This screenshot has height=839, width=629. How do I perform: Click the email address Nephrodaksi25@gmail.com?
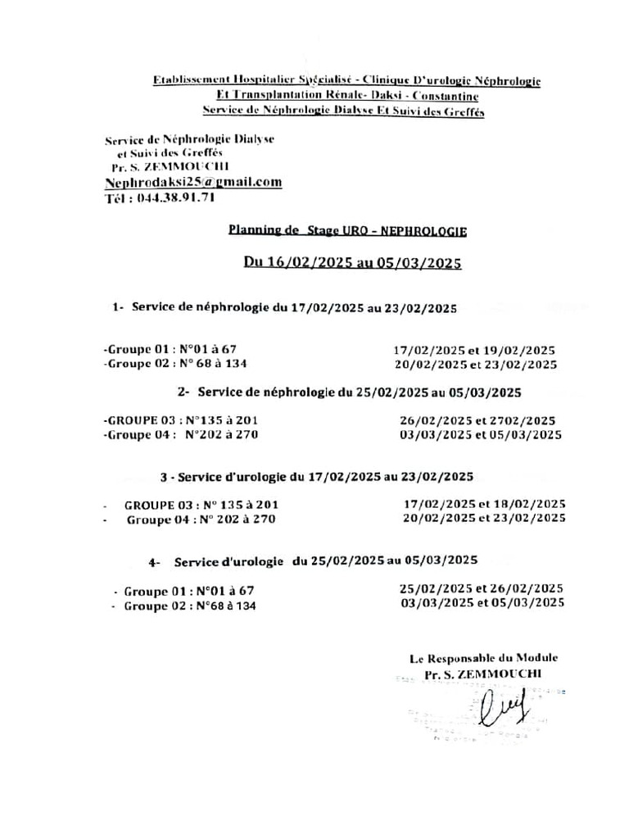pos(193,182)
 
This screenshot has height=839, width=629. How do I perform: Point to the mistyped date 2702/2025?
pos(523,419)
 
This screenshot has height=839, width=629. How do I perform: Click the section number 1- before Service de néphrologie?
pos(119,307)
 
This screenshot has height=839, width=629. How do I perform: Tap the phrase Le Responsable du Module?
pos(483,657)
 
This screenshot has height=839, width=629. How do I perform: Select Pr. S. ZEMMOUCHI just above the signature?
pos(483,673)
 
